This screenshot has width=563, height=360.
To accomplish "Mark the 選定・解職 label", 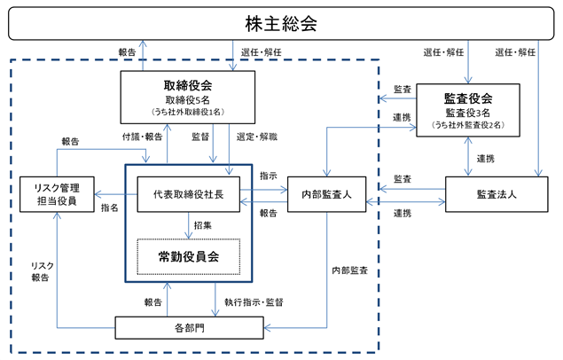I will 258,137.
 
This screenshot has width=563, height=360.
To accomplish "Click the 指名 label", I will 110,207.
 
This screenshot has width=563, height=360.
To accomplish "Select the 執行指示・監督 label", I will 254,302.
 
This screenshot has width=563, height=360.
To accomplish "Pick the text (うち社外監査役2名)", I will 466,125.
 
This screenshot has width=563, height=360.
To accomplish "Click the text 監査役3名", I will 466,113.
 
